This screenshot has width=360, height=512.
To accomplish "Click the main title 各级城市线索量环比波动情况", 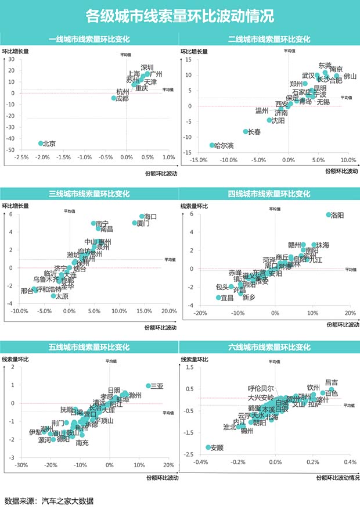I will coord(179,16).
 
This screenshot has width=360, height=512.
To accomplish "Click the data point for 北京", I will coord(41,143).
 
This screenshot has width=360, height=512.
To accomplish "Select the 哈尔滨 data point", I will coord(212,145).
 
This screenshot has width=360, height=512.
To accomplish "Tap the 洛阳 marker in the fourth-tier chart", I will coord(328,215).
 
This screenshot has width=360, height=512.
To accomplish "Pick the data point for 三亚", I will coord(149,386).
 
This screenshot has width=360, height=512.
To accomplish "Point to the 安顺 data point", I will coord(208,447).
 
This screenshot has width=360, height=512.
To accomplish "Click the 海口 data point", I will coord(142,216).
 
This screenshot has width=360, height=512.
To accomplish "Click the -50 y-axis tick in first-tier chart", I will coord(10,150).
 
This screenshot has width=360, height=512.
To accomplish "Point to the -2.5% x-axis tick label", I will coord(21,157).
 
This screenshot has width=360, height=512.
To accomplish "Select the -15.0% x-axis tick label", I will coord(198,160).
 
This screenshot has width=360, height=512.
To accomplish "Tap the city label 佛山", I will coord(350,77).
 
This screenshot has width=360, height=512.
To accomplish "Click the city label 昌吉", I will coord(332,382).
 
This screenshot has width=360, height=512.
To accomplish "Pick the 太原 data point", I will coord(53,296).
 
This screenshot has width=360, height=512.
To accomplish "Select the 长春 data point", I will coord(246,132).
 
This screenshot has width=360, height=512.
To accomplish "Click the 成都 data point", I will coord(114,98).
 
